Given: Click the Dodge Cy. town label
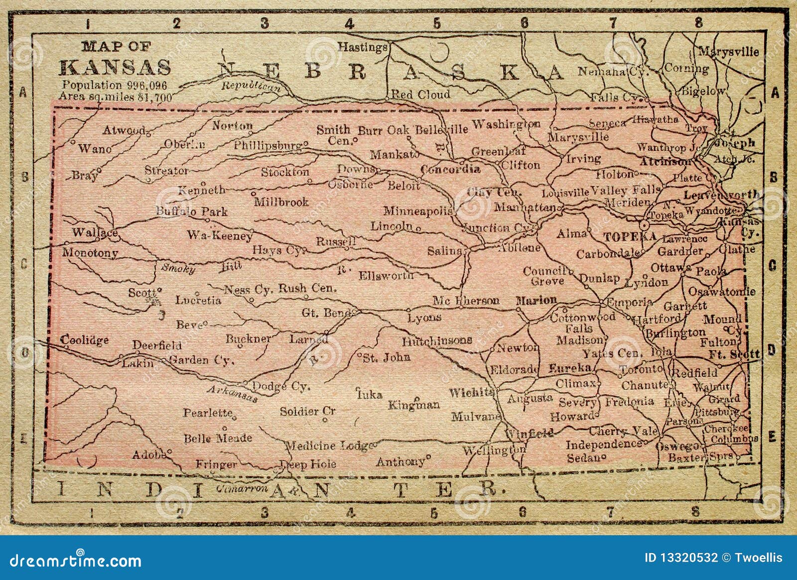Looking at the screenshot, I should pyautogui.click(x=282, y=386).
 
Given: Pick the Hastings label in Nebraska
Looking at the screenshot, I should pyautogui.click(x=363, y=47).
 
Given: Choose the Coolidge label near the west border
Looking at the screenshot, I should pyautogui.click(x=84, y=340).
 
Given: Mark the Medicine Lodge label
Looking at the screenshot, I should pyautogui.click(x=327, y=446).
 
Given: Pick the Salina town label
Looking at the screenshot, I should pyautogui.click(x=444, y=251).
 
